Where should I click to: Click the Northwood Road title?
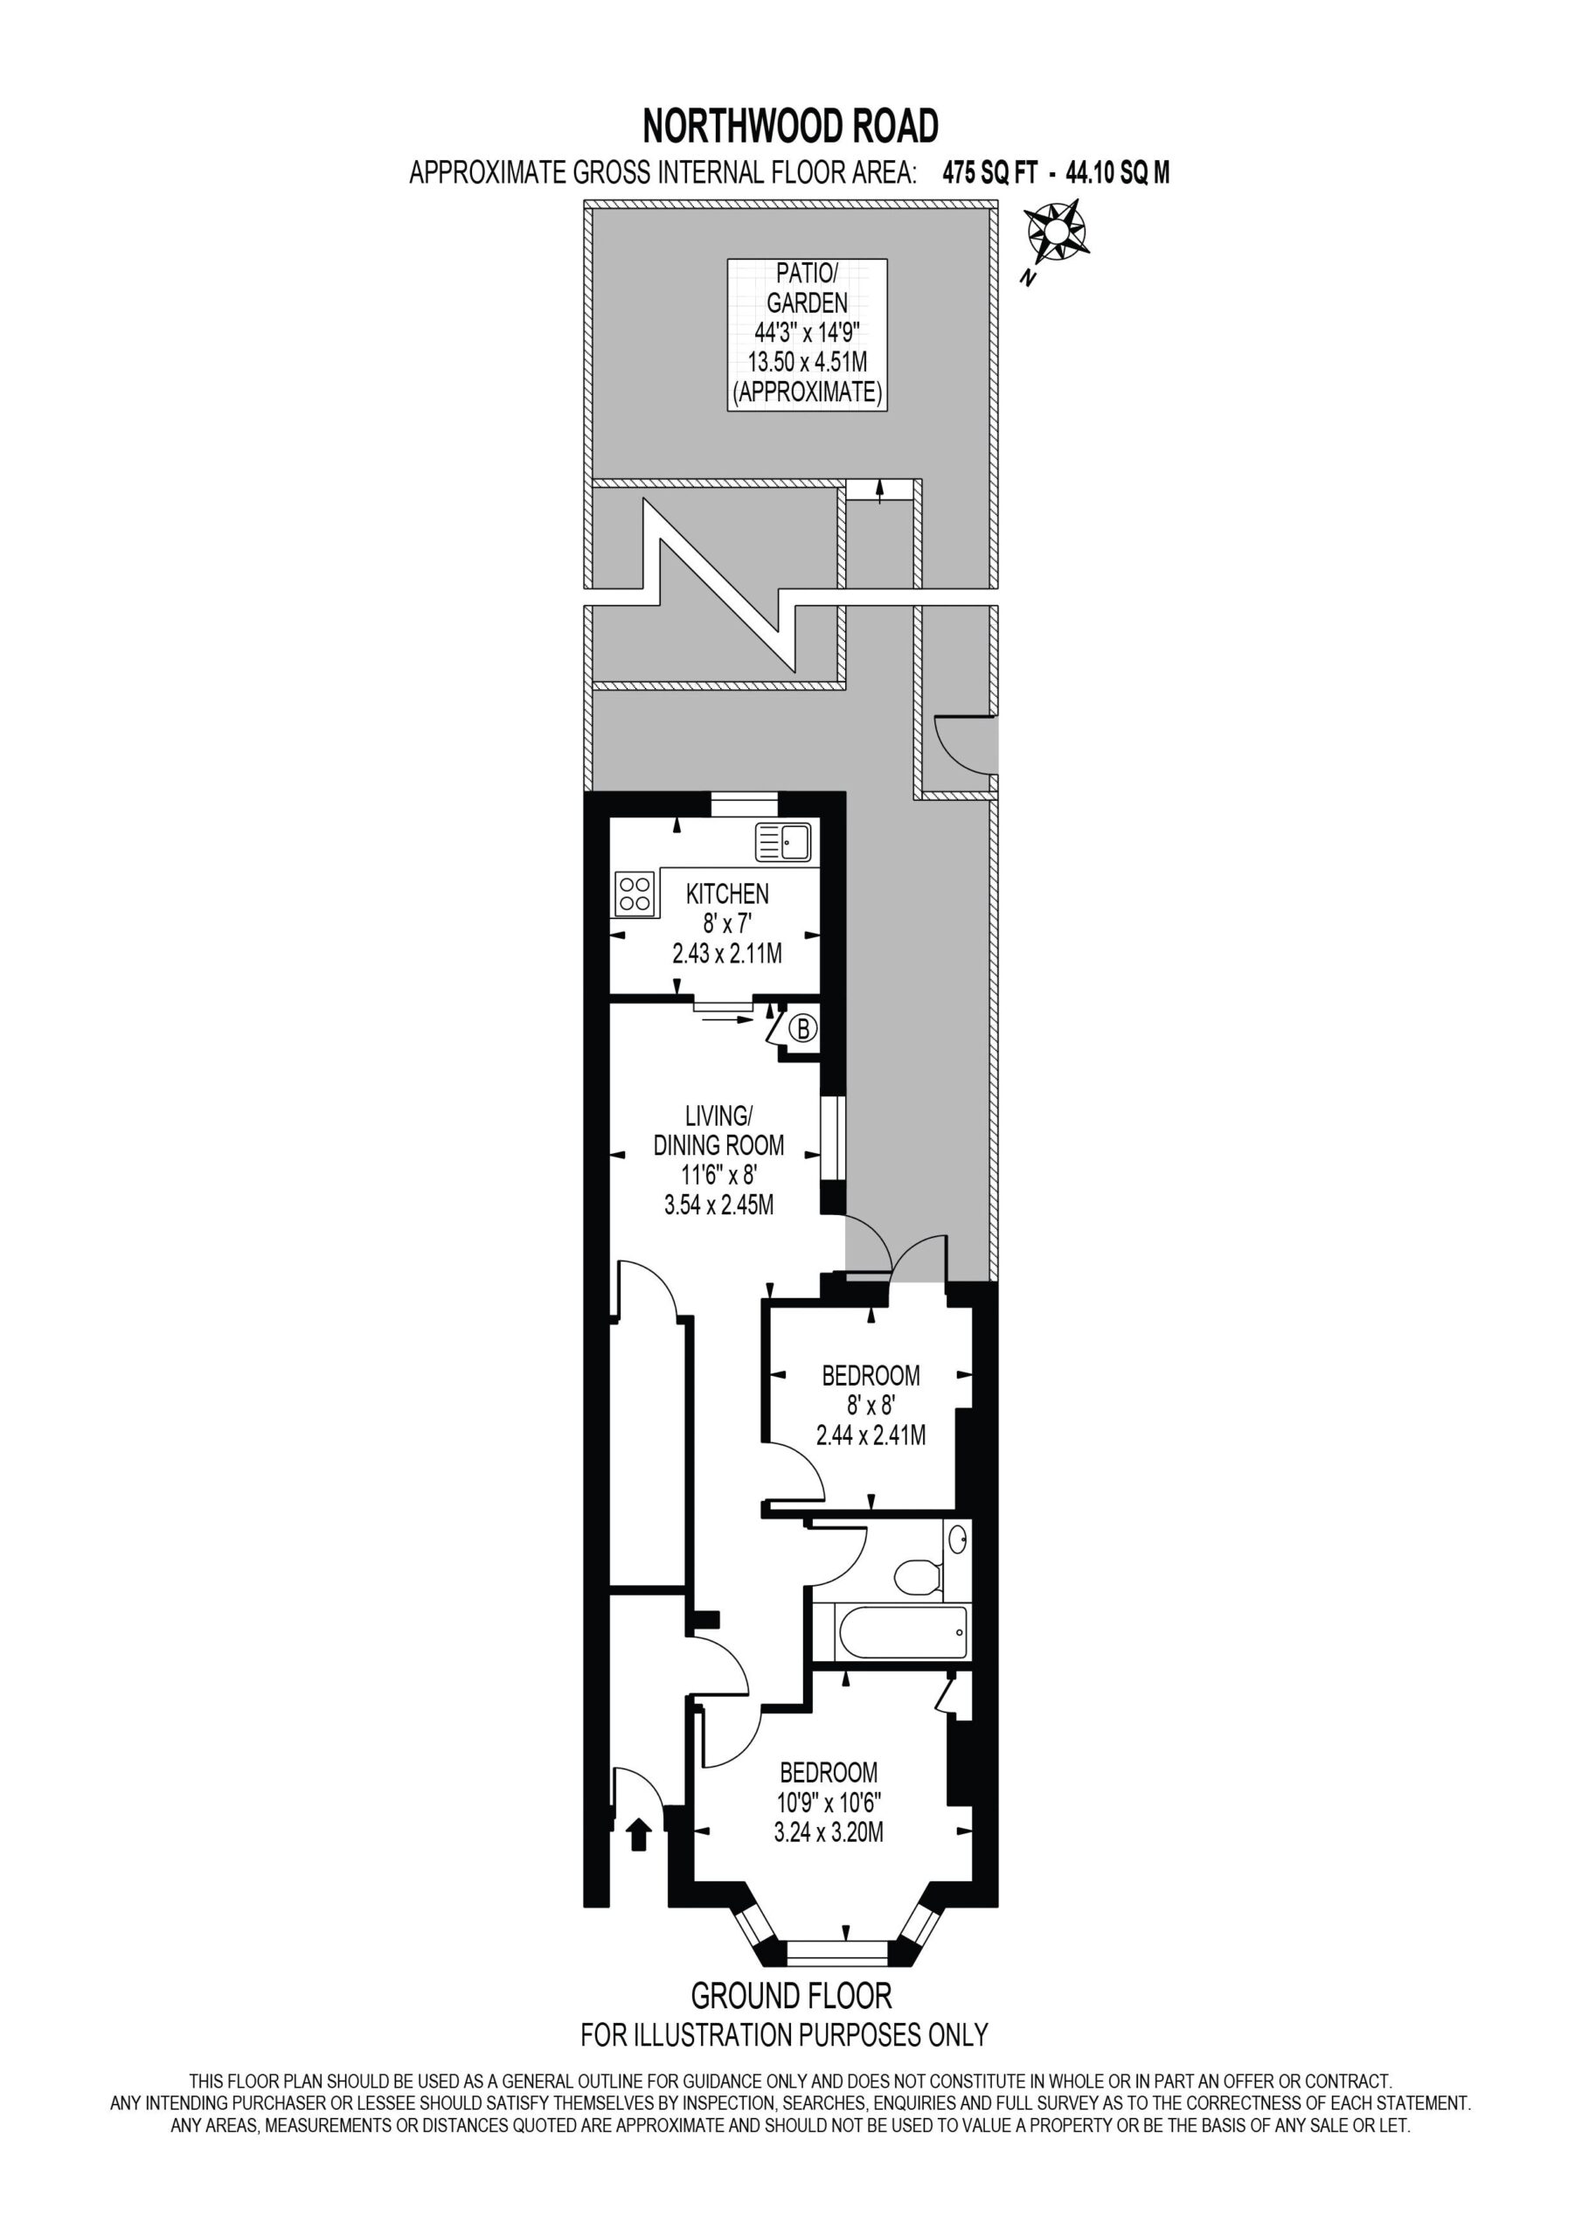790,127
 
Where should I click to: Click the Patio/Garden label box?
807,334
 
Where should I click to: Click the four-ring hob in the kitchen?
635,893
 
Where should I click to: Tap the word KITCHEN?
727,893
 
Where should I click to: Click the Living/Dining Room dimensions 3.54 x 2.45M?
719,1206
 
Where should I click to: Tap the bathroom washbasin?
957,1540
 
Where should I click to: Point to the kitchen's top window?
744,804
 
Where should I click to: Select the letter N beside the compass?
1026,279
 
